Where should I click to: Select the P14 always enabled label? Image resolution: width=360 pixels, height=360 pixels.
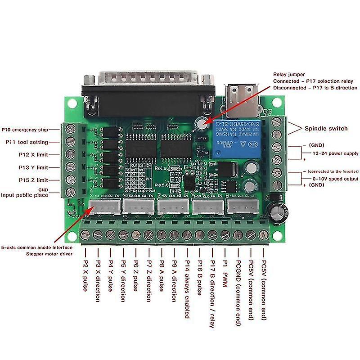tap(187, 288)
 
